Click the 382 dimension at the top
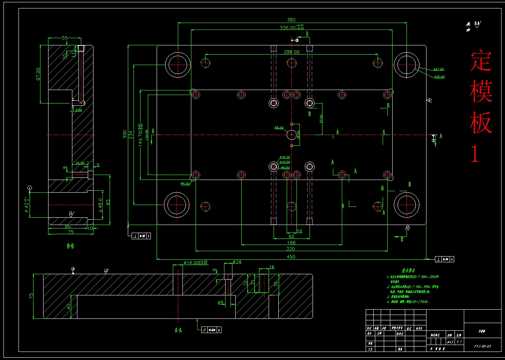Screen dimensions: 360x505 coord(291,20)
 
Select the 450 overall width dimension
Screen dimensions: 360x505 coord(291,257)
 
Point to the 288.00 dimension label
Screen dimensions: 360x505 coord(291,52)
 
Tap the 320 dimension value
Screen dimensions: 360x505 coord(291,249)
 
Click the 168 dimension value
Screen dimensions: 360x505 coord(291,243)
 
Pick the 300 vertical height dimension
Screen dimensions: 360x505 coord(125,134)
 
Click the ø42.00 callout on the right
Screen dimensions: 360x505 coord(439,70)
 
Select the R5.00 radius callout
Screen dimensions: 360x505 coord(185,184)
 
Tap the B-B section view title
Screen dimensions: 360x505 coord(70,246)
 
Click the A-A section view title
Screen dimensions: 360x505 coord(178,330)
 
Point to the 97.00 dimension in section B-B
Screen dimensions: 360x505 coord(38,74)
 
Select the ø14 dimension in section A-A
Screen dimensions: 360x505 coord(237,262)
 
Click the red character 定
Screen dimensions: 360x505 coord(481,61)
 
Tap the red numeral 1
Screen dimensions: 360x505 coord(475,154)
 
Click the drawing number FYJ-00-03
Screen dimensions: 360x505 coord(483,346)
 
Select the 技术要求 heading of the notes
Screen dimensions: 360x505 coord(408,270)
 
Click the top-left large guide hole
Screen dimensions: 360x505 coord(178,65)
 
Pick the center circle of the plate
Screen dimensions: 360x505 coord(292,135)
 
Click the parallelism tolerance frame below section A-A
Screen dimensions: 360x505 coord(211,330)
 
